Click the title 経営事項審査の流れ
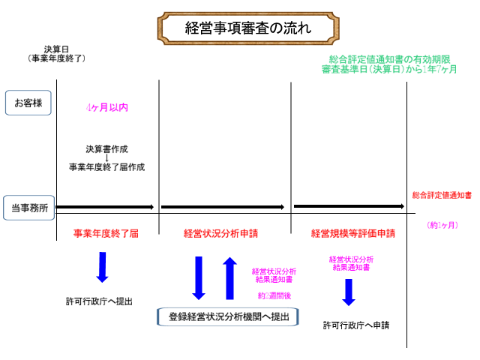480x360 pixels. tap(238, 28)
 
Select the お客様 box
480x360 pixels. tap(28, 103)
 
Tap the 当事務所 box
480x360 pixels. tap(29, 208)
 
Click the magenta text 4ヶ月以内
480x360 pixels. tap(106, 107)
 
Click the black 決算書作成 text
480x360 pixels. tap(106, 148)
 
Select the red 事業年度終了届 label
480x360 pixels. tap(106, 233)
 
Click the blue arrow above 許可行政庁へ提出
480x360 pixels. tap(102, 267)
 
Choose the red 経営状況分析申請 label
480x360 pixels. tap(220, 233)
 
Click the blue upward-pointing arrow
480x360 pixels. tap(230, 277)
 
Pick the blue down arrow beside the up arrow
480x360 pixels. tap(199, 277)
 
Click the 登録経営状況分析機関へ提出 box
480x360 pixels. tap(224, 316)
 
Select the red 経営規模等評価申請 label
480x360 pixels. tap(352, 233)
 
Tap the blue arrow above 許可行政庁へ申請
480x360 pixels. tap(348, 292)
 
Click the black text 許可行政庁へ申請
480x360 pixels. tap(356, 325)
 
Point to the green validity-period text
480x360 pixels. tap(390, 63)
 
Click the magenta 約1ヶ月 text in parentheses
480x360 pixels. tap(442, 224)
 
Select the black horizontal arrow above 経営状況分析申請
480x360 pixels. tap(223, 207)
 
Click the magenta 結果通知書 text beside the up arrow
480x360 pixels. tap(274, 274)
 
